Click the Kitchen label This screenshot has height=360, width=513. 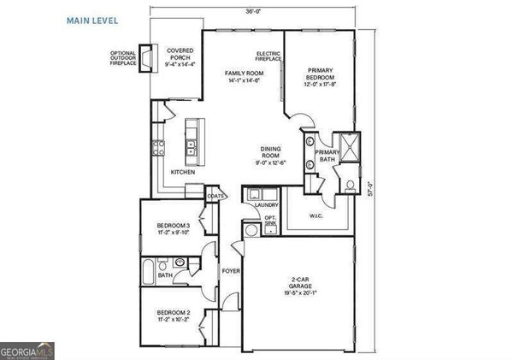(182, 173)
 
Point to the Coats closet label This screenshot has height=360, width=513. (215, 196)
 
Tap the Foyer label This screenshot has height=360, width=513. (230, 271)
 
